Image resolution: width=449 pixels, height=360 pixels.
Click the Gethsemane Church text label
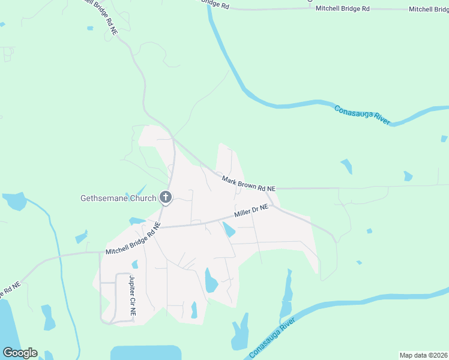tap(118, 198)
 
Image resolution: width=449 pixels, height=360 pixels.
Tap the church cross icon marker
tap(166, 197)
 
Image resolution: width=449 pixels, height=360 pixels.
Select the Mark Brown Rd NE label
tap(249, 184)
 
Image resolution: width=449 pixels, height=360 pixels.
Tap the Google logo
tap(20, 353)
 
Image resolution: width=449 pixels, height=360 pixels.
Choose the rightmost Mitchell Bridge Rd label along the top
tap(429, 9)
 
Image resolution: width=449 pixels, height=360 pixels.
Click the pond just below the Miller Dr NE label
tap(229, 229)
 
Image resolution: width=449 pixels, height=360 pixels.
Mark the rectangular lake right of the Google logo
tap(146, 353)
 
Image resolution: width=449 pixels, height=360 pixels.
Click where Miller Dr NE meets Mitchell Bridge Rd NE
tap(158, 227)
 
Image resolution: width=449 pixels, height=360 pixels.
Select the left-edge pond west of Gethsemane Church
tap(13, 201)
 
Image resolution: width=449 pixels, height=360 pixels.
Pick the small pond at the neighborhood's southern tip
tap(194, 310)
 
